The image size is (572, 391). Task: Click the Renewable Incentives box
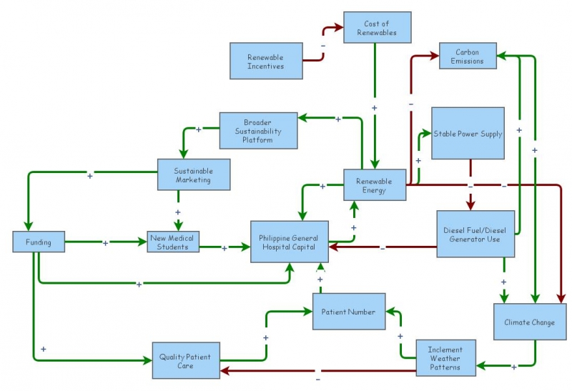(x=266, y=61)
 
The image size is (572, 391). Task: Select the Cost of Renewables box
(x=378, y=27)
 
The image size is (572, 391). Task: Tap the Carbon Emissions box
(x=468, y=56)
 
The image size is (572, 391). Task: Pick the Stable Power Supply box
(x=468, y=133)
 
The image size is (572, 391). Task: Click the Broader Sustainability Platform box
(x=258, y=131)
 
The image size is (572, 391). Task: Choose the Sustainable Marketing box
(x=194, y=174)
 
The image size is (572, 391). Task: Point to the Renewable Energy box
(x=375, y=185)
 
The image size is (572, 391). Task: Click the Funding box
(x=39, y=242)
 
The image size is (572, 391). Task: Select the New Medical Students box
(x=173, y=242)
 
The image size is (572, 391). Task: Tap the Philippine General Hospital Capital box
(x=290, y=242)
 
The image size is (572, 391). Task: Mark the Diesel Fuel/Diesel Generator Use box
(x=475, y=234)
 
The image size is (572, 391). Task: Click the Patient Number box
(x=349, y=312)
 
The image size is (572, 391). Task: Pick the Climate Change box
(x=530, y=322)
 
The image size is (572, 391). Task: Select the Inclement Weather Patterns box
(x=445, y=358)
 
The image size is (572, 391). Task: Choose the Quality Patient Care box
(x=186, y=360)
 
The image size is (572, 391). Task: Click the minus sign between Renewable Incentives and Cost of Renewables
(x=323, y=46)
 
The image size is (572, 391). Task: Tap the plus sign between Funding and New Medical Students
(x=105, y=243)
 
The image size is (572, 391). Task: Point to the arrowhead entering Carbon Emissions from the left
(x=435, y=56)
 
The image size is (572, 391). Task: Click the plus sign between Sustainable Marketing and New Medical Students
(x=177, y=212)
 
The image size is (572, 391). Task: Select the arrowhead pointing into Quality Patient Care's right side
(x=225, y=371)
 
